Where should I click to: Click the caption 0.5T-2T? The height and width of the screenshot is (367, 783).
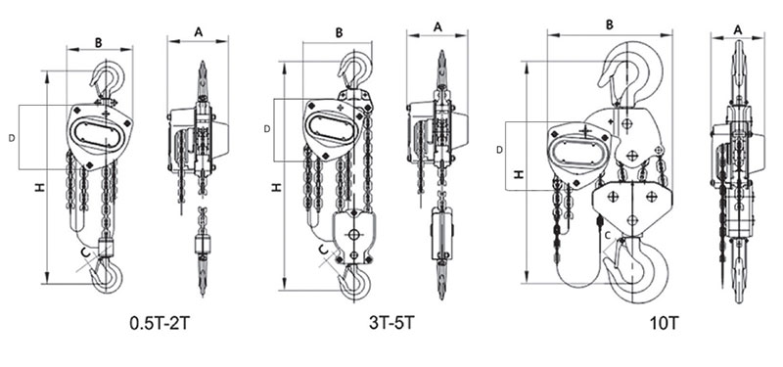160,324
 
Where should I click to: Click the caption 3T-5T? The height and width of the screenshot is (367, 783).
392,323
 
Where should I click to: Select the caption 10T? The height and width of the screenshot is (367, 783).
665,323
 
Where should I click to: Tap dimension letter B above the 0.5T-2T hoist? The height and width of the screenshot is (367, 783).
99,43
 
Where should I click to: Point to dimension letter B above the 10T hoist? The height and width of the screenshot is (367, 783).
610,25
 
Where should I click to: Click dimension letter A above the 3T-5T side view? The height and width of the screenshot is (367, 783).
438,27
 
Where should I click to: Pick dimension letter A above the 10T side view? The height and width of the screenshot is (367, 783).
738,30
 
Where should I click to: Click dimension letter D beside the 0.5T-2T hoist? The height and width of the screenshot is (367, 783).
12,139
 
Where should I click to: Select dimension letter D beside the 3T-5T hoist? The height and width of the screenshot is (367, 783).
267,129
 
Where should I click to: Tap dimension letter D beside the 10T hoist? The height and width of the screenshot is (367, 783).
500,150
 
